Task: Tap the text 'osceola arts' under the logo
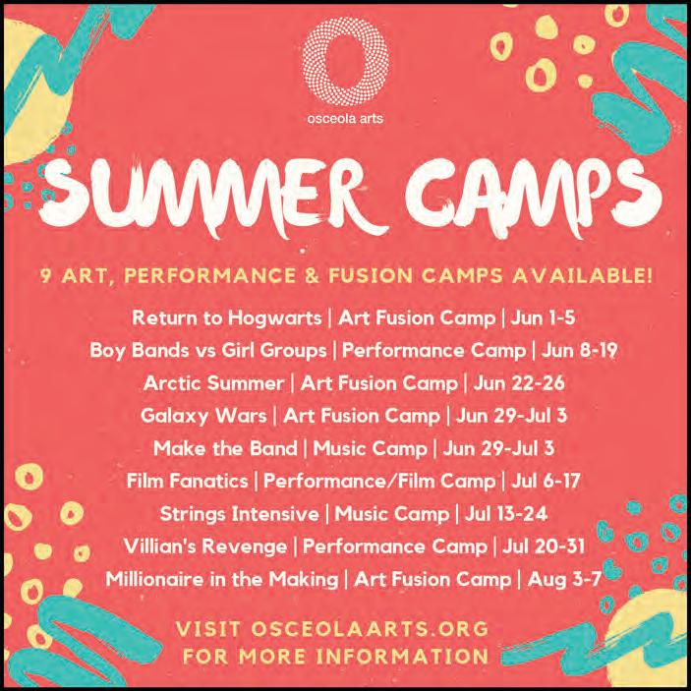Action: click(345, 119)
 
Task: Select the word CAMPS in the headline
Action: click(533, 197)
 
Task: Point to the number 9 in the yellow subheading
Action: click(46, 276)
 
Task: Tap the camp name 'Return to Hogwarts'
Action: click(226, 318)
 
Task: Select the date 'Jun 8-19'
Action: click(579, 351)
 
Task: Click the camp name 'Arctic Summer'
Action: click(213, 383)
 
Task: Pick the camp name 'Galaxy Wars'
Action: click(203, 416)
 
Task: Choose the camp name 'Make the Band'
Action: click(225, 448)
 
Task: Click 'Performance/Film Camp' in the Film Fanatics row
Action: click(379, 481)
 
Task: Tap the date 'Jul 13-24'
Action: click(506, 514)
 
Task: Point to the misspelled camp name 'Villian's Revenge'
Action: click(205, 547)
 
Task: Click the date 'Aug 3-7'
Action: click(564, 579)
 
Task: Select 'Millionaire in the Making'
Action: click(222, 580)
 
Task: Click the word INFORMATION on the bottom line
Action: click(402, 657)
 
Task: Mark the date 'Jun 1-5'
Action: click(543, 318)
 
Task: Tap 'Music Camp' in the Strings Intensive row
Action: click(392, 514)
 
